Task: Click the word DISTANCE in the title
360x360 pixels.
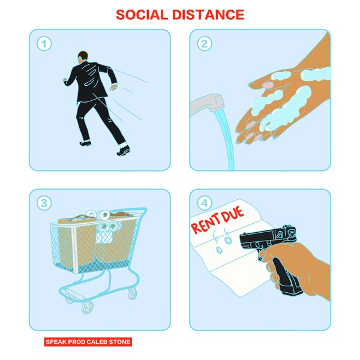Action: point(209,15)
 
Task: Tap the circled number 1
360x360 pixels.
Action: point(44,44)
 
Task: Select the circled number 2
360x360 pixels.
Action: point(205,44)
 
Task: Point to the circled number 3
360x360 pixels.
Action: point(44,203)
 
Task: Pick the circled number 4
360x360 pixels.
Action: point(205,203)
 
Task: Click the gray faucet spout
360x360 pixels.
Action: point(205,106)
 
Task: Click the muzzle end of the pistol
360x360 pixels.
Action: point(244,242)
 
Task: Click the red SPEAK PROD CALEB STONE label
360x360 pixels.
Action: point(88,342)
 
